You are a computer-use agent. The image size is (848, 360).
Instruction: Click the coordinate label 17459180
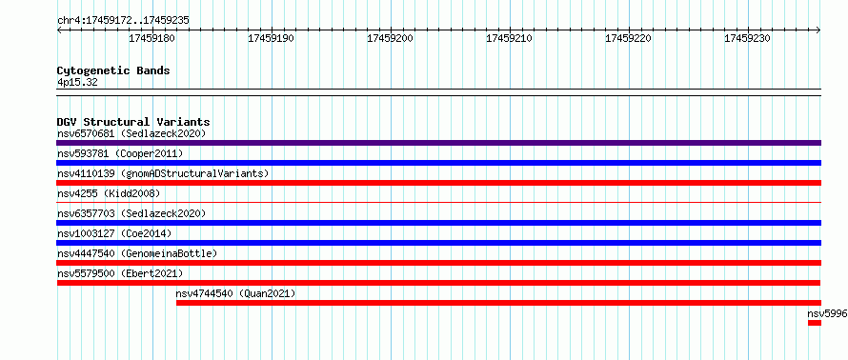tap(151, 39)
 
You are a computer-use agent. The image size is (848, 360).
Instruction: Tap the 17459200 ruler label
tap(390, 39)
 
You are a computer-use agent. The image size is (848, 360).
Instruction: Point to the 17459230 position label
tap(747, 39)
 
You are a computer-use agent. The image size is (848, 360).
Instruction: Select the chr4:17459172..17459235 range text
tap(123, 21)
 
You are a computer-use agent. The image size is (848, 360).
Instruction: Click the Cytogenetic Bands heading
tap(113, 70)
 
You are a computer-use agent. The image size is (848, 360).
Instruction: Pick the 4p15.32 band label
tap(77, 82)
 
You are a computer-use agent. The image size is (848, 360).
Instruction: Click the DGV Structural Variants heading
tap(133, 122)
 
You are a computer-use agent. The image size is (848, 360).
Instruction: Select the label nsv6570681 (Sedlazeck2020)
tap(131, 133)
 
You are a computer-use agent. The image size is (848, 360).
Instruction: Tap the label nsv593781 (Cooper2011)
tap(120, 153)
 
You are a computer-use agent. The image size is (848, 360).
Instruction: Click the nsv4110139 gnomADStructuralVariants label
tap(163, 173)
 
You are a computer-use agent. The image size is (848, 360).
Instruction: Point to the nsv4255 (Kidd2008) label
tap(109, 193)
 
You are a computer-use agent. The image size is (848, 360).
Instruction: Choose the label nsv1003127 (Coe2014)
tap(114, 233)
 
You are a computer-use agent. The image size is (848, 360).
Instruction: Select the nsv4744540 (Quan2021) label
tap(235, 293)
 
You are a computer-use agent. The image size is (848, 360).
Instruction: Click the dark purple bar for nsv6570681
tap(438, 143)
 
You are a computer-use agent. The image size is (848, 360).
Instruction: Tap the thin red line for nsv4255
tap(438, 203)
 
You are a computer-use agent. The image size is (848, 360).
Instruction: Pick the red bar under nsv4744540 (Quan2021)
tap(498, 303)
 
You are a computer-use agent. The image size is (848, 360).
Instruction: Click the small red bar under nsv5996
tap(815, 323)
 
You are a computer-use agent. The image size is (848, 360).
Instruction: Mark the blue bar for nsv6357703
tap(438, 223)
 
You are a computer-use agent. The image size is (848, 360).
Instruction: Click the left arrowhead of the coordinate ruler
tap(58, 30)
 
